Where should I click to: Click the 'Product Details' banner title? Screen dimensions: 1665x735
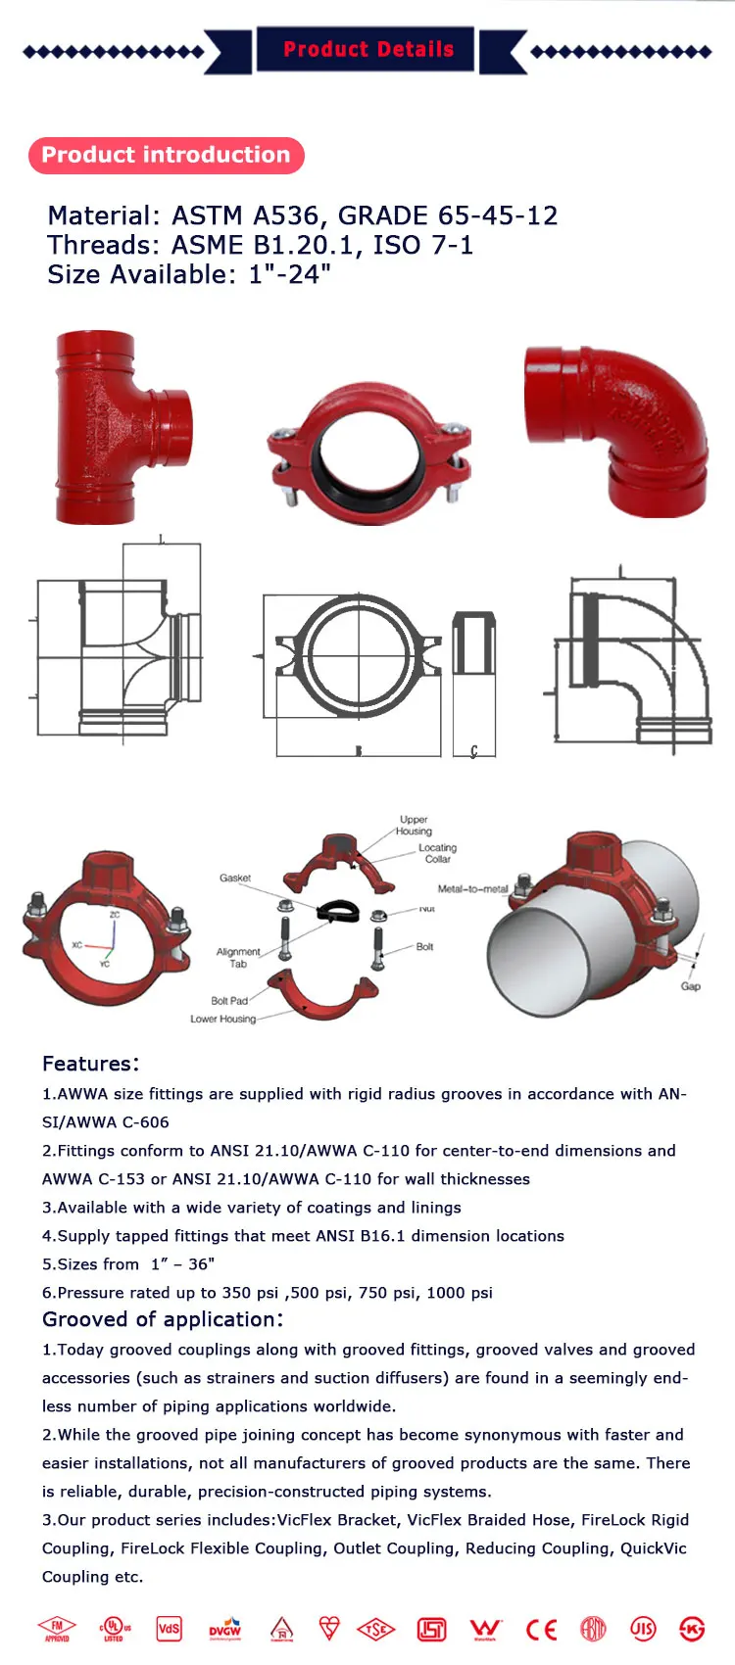point(367,50)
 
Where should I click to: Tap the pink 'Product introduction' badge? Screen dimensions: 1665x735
point(166,156)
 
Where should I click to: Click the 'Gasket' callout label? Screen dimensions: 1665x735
point(234,878)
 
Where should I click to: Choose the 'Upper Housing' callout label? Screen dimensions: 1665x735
point(414,825)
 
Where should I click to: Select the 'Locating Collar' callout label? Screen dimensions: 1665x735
point(437,853)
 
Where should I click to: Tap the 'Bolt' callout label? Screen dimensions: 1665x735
point(424,947)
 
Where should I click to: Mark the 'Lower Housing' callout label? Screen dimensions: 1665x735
point(222,1019)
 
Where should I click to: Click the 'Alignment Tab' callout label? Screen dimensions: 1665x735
point(238,957)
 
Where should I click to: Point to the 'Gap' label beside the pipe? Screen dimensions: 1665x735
point(690,986)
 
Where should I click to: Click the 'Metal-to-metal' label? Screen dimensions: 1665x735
point(472,889)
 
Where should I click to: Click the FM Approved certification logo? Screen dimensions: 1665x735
point(57,1630)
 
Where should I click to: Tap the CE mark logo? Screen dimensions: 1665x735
point(541,1630)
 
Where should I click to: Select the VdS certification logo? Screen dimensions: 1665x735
point(170,1629)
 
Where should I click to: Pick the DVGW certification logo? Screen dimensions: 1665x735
point(225,1630)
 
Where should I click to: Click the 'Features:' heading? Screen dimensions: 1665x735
point(90,1064)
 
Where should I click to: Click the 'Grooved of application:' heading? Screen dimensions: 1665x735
point(163,1319)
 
